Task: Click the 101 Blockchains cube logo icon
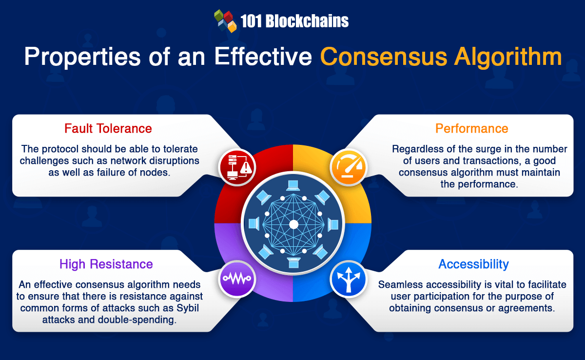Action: tap(225, 21)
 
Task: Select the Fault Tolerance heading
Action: tap(108, 128)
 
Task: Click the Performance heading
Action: tap(471, 128)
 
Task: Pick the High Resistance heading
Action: tap(106, 264)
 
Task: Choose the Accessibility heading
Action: tap(473, 264)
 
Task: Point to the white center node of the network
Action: tap(293, 224)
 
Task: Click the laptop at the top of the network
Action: tap(293, 185)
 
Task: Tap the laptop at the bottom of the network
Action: tap(293, 264)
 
